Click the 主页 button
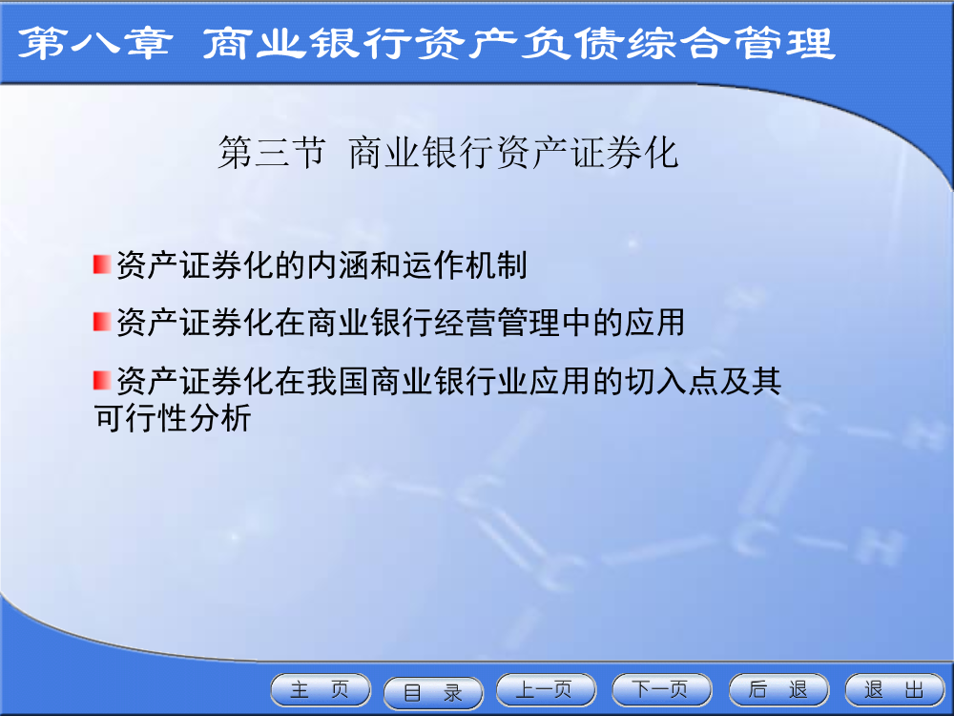coord(320,690)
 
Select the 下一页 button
coord(661,690)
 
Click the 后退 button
coord(778,690)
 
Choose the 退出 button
coord(895,690)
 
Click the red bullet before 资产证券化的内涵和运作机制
coord(102,264)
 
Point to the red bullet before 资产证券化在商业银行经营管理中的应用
coord(102,322)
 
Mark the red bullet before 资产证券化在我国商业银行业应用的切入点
coord(102,381)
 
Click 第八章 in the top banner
coord(95,44)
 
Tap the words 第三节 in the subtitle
coord(272,152)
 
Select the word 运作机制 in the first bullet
coord(465,265)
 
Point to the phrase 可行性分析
coord(173,418)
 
